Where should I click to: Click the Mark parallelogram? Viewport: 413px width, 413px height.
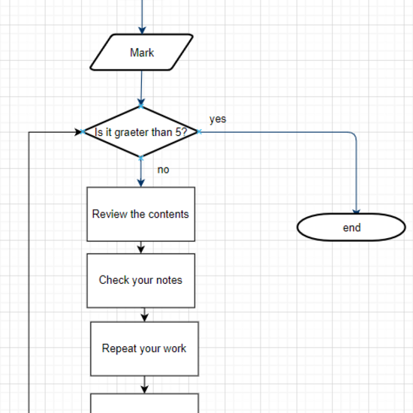click(141, 53)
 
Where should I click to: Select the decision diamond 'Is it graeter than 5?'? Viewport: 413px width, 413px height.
click(141, 132)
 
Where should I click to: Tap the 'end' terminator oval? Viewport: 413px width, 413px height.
click(351, 228)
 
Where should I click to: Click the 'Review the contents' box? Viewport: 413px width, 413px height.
click(140, 214)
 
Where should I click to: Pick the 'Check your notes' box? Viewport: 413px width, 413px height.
click(140, 280)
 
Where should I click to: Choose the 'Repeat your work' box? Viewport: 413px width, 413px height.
click(144, 348)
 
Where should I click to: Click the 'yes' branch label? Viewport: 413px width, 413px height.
click(218, 119)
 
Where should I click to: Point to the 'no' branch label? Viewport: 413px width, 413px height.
click(163, 170)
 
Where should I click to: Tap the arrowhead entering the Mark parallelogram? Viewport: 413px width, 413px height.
click(141, 29)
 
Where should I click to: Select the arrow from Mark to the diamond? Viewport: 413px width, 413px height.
click(140, 89)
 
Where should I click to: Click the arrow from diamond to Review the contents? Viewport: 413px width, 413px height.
click(141, 172)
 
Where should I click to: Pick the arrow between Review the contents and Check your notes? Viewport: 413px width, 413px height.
click(140, 248)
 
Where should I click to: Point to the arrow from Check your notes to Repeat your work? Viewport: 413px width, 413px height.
click(143, 315)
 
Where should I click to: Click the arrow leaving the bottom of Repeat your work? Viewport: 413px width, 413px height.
click(144, 384)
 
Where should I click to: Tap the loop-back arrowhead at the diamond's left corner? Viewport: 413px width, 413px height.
click(79, 132)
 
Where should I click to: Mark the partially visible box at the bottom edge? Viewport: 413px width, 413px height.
click(144, 403)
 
